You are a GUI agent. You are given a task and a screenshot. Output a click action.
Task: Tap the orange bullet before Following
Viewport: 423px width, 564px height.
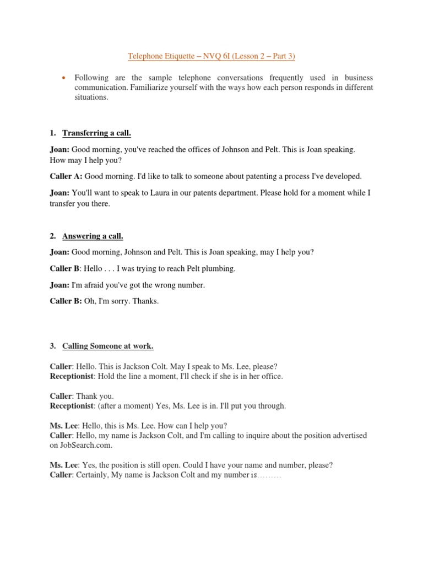(x=64, y=78)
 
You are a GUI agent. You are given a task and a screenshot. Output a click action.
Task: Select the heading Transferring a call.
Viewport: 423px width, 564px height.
(x=96, y=133)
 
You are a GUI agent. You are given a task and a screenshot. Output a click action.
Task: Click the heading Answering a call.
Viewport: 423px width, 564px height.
(x=93, y=236)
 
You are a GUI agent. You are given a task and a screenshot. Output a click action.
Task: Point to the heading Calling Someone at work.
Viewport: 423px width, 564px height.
(x=107, y=346)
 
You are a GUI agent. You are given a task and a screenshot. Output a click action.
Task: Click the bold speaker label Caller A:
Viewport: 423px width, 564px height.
(x=66, y=176)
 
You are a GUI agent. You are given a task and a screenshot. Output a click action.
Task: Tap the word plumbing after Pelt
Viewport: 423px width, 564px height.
(x=218, y=269)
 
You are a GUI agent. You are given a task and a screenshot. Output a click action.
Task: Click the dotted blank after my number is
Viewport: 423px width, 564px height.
(x=269, y=475)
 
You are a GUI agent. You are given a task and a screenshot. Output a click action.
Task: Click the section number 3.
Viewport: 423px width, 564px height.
(x=52, y=346)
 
